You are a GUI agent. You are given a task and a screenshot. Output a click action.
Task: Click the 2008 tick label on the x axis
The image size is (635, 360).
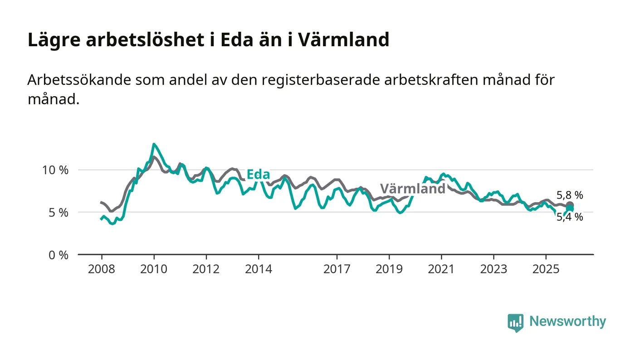(102, 269)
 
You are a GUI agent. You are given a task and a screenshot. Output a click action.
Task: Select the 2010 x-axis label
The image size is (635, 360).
(154, 269)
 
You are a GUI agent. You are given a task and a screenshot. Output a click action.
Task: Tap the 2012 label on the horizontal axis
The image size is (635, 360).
(206, 269)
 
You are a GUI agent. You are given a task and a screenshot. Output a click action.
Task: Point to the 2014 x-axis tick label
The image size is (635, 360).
(258, 269)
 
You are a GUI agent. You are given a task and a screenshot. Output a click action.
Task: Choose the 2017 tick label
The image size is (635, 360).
(337, 269)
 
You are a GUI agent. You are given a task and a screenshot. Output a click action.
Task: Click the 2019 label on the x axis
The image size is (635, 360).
(389, 269)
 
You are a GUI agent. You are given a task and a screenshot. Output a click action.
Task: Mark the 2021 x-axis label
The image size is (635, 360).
(441, 269)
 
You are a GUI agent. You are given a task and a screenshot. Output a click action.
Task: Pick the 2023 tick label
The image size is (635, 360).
(493, 269)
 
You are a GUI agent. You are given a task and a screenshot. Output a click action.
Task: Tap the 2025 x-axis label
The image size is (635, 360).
(546, 269)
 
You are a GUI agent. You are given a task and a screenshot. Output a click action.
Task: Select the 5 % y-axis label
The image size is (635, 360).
(59, 213)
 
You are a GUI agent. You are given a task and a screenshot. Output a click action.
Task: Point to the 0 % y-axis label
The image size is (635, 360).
(59, 255)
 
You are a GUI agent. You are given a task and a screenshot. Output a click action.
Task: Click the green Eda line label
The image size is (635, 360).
(258, 175)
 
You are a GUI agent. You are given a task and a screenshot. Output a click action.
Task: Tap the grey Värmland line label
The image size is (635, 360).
(412, 189)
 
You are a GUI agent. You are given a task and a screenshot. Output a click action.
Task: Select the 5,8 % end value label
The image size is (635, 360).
(570, 195)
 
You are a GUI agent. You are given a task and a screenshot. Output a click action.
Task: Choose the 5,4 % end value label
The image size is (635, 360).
(570, 218)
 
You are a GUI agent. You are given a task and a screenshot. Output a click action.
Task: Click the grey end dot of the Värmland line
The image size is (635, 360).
(570, 205)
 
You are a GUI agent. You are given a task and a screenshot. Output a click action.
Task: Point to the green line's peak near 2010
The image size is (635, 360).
(154, 144)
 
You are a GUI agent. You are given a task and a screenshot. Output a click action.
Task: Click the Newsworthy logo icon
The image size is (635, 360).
(515, 322)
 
